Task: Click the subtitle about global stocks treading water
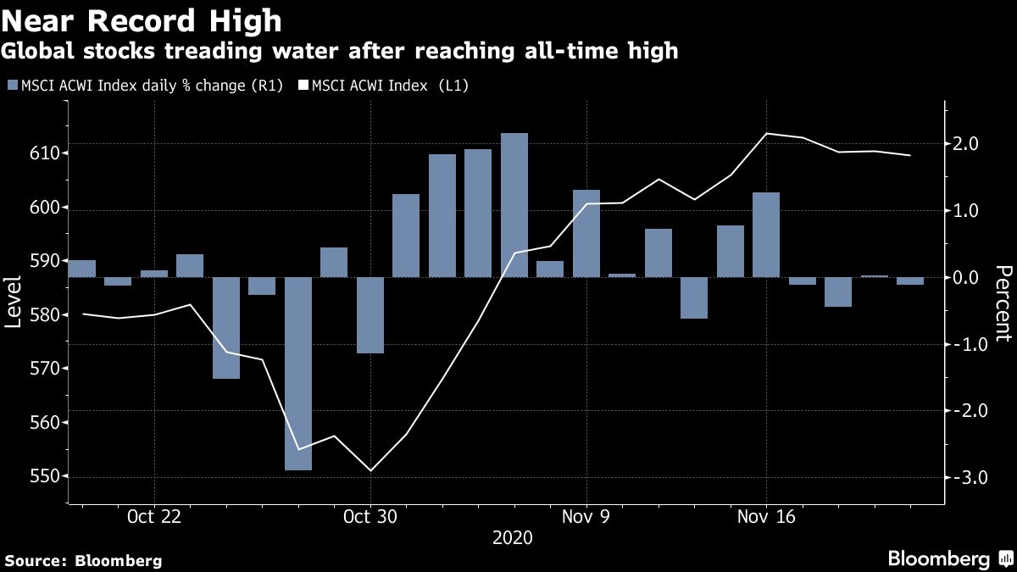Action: [x=339, y=51]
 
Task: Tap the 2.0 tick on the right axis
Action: [x=967, y=144]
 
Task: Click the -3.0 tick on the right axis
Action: [x=965, y=478]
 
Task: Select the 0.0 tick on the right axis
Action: [x=967, y=278]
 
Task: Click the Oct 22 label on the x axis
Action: [x=153, y=517]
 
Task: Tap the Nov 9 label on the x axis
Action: [x=586, y=517]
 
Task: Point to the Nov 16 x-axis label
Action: [x=766, y=517]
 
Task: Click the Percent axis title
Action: [x=1003, y=303]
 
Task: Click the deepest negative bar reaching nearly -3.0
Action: [x=297, y=373]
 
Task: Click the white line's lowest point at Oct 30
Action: [x=370, y=470]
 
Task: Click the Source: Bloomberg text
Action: [x=83, y=560]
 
